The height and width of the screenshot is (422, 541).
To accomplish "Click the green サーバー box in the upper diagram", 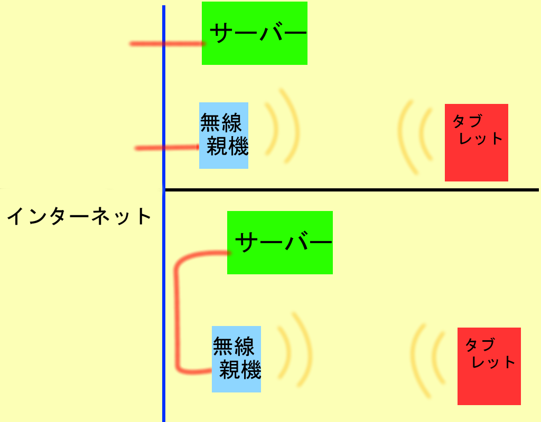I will click(x=254, y=33).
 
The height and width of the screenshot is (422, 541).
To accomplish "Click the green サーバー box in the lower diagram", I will click(x=279, y=242).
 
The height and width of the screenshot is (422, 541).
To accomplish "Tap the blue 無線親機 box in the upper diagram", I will click(x=223, y=135).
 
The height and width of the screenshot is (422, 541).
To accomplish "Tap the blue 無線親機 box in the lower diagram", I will click(x=236, y=359).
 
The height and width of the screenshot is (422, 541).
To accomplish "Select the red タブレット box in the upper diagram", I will click(x=476, y=142).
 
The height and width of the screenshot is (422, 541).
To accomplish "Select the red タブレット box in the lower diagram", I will click(x=489, y=366).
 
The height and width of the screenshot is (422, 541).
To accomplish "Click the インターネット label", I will click(x=79, y=216).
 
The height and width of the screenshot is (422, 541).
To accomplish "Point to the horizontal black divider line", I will click(x=349, y=189).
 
